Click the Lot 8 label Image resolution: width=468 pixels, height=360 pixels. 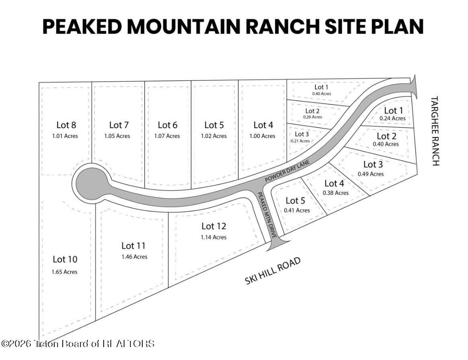click(x=65, y=125)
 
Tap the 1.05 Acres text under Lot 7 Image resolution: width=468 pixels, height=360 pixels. click(x=117, y=136)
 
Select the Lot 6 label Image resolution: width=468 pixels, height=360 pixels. click(x=167, y=125)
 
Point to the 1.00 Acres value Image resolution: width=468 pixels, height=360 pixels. click(x=262, y=136)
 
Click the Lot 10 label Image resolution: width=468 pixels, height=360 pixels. click(x=65, y=260)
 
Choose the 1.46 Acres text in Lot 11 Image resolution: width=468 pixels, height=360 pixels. click(x=134, y=257)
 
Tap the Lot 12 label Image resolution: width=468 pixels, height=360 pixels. click(x=213, y=226)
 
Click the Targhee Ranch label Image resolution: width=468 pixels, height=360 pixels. click(x=435, y=131)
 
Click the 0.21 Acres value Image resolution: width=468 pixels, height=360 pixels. click(x=300, y=141)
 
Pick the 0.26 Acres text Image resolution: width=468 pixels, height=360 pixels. click(x=312, y=117)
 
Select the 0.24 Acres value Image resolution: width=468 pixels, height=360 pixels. click(x=392, y=119)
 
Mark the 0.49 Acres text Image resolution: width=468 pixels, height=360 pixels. click(x=370, y=174)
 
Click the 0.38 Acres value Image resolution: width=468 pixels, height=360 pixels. click(x=335, y=193)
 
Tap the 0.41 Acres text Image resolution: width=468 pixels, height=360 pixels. click(x=297, y=210)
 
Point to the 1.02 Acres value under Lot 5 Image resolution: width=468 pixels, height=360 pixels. click(x=213, y=136)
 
